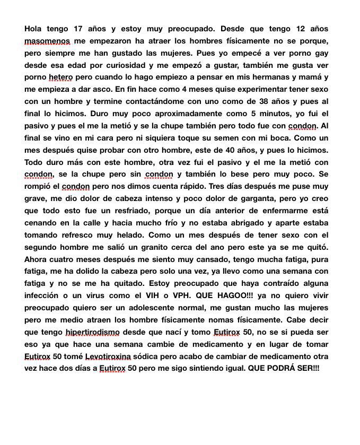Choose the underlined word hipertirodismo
point(93,332)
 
